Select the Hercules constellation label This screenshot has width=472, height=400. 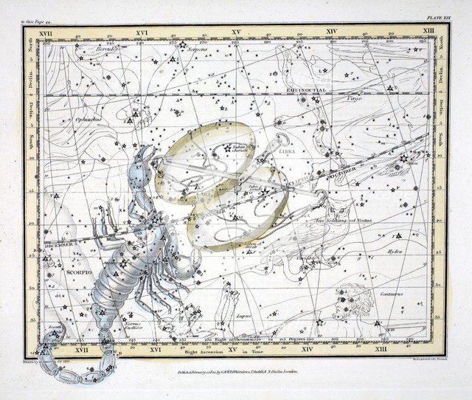86,49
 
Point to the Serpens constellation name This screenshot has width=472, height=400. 196,50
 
